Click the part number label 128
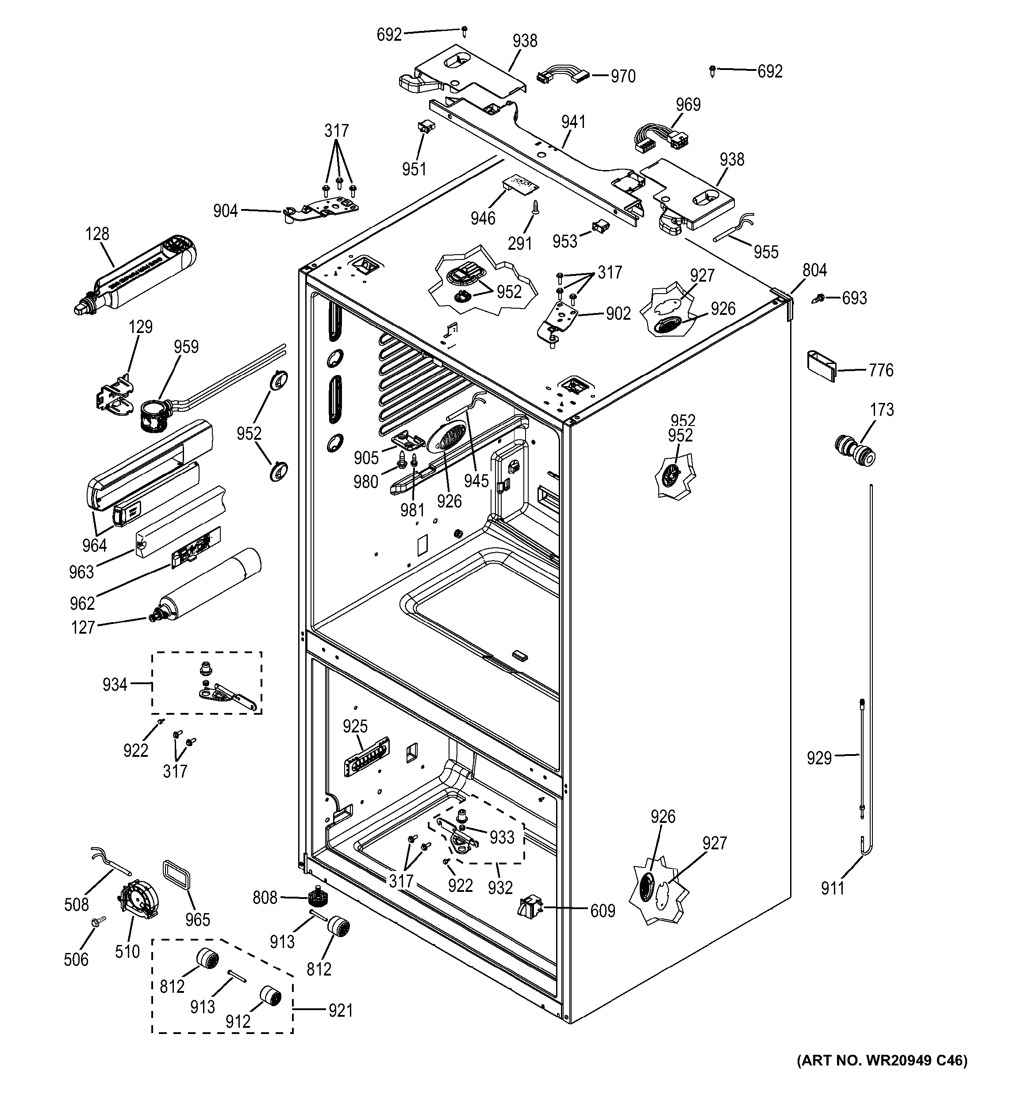coord(97,234)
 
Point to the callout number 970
coord(623,76)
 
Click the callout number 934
coord(115,685)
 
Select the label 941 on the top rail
coord(573,122)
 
